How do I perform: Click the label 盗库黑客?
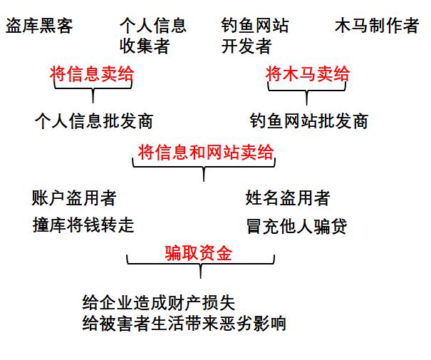point(39,26)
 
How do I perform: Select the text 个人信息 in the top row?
point(153,26)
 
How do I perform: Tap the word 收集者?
point(145,47)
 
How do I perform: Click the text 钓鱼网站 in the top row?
point(255,26)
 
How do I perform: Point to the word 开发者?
point(246,47)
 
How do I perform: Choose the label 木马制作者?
point(377,26)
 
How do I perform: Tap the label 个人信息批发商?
point(93,120)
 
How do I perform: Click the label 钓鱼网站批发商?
point(309,120)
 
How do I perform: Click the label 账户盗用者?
point(74,197)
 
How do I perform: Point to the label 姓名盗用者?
point(287,197)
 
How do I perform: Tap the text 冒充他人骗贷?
point(296,227)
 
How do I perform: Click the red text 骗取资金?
point(199,253)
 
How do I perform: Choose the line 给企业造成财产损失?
point(158,302)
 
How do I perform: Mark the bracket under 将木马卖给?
point(307,91)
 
